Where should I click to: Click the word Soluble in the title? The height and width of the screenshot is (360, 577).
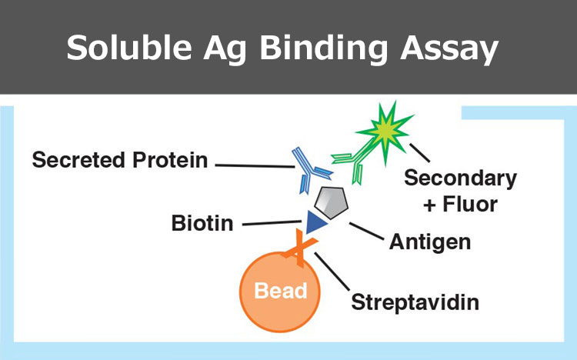[x=129, y=48]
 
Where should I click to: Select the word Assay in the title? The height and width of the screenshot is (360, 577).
[x=449, y=51]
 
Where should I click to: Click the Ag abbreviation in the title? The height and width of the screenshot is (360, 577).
[x=225, y=51]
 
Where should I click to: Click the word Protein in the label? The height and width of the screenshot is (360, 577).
[x=170, y=160]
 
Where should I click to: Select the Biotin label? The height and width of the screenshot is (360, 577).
[x=202, y=223]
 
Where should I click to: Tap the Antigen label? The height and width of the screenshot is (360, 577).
[x=430, y=243]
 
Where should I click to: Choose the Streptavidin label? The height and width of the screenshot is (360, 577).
[x=415, y=303]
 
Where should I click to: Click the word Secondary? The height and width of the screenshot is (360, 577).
[x=460, y=179]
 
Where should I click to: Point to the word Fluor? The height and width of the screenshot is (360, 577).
[x=470, y=205]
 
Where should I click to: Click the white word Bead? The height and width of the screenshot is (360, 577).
[x=281, y=291]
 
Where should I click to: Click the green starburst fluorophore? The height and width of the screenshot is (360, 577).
[x=385, y=131]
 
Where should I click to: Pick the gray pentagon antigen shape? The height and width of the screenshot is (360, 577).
[x=331, y=202]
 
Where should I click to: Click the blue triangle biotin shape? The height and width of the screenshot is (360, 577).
[x=314, y=222]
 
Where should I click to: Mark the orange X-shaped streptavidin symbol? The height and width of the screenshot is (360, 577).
[x=299, y=248]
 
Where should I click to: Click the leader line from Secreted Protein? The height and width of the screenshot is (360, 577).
[x=255, y=166]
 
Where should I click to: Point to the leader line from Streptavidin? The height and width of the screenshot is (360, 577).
[x=332, y=272]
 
